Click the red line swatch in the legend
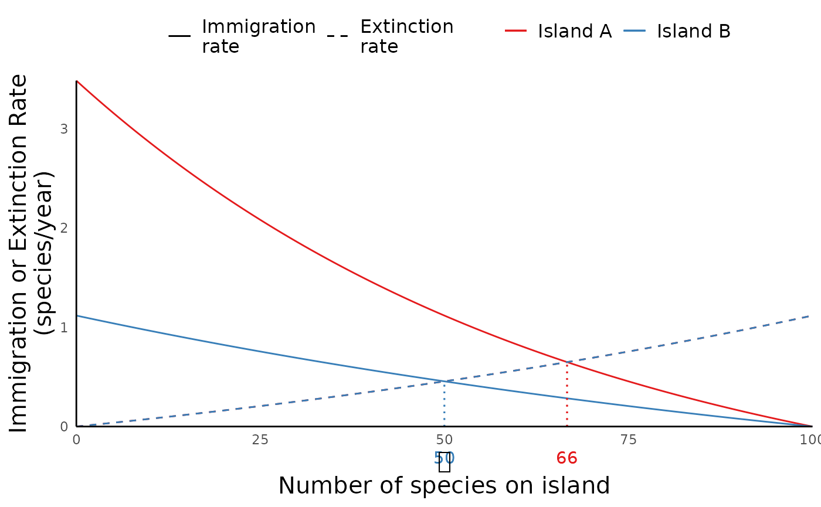515,30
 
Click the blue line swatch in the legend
635,30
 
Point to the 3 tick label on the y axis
64,129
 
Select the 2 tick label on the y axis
64,228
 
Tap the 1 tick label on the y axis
64,327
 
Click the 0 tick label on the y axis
64,427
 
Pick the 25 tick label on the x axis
260,440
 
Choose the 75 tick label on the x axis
628,440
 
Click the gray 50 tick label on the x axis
445,440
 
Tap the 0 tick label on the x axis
76,440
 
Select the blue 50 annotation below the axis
445,458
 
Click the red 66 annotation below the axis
567,458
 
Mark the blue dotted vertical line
445,404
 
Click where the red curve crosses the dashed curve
567,362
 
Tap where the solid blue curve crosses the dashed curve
445,382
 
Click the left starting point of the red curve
77,81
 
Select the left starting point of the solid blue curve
77,316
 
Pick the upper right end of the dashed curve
810,316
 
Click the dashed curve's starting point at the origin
77,426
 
